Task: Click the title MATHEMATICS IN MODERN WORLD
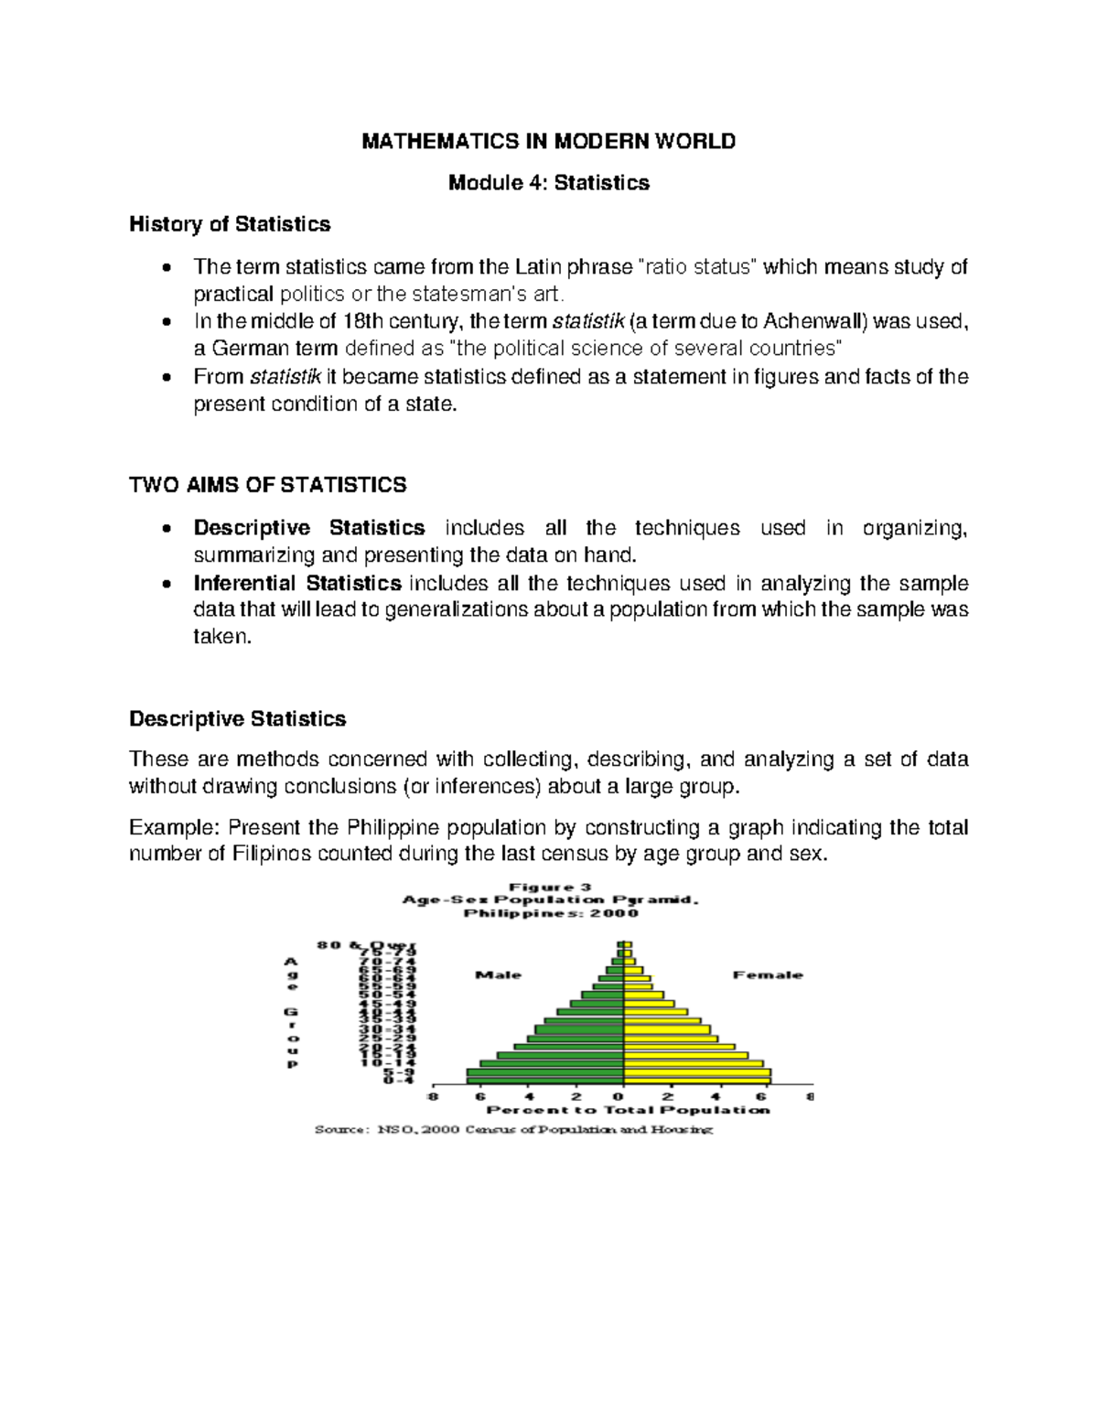click(548, 141)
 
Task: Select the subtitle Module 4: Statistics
click(548, 183)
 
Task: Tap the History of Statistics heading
click(230, 224)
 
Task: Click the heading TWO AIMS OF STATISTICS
click(268, 485)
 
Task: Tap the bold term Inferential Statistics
click(297, 583)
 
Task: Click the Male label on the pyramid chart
click(498, 975)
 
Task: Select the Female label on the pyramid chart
click(767, 975)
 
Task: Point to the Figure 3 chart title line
click(550, 887)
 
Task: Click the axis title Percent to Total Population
click(628, 1110)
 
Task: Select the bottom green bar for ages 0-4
click(544, 1080)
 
